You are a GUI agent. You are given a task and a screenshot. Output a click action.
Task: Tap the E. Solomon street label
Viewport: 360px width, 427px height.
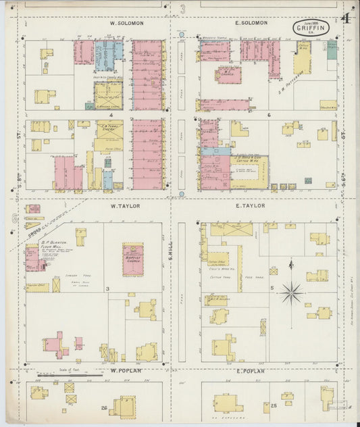(x=251, y=23)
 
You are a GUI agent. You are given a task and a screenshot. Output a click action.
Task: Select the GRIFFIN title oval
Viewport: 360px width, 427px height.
(x=311, y=28)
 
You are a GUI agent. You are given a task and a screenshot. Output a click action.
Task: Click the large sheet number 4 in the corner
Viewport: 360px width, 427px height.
(x=346, y=19)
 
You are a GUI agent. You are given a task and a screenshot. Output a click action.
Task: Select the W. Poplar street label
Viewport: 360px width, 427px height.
(x=124, y=371)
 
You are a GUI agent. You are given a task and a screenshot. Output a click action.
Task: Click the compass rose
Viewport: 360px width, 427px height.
(x=291, y=293)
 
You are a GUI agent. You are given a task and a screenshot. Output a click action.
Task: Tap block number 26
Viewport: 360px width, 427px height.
(x=104, y=407)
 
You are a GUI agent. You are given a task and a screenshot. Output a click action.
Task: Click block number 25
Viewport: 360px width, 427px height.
(x=274, y=405)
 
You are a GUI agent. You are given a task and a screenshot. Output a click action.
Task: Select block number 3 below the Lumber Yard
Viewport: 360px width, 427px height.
(x=108, y=288)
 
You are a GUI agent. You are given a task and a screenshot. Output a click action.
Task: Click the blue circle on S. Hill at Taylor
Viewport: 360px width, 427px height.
(x=181, y=195)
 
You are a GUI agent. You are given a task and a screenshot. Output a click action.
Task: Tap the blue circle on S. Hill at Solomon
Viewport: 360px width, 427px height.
(x=181, y=32)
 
